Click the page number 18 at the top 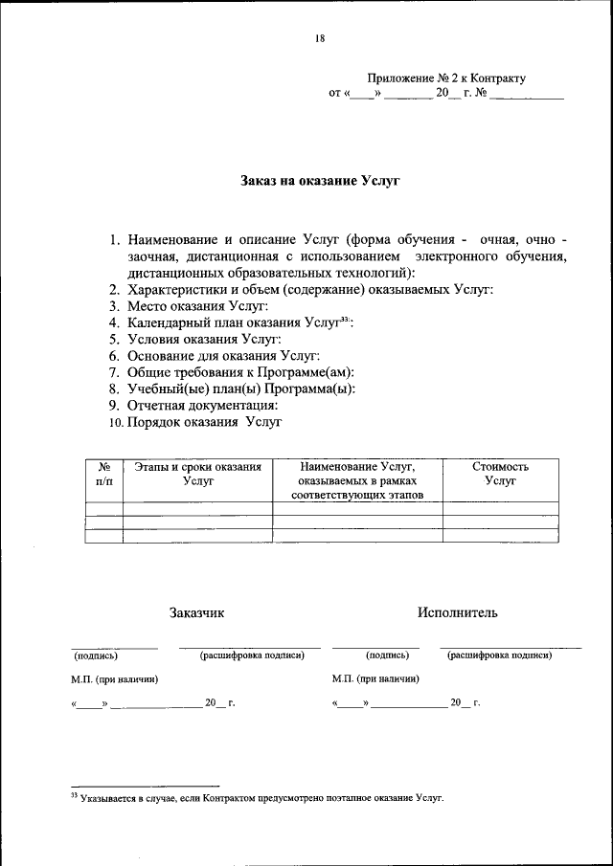[x=319, y=38]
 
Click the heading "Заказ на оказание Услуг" [x=319, y=180]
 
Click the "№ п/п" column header [x=104, y=474]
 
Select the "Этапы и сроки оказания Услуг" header [x=197, y=474]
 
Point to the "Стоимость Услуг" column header [x=500, y=474]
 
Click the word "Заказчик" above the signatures [x=197, y=612]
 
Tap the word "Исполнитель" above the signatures [x=457, y=612]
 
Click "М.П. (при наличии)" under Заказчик [x=114, y=678]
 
